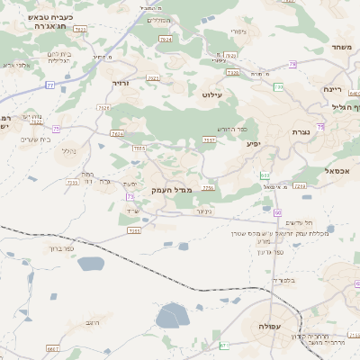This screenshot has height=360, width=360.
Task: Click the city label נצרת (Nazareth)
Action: [301, 131]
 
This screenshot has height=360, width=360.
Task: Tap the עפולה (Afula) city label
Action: [270, 326]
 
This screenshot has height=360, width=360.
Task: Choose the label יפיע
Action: [253, 144]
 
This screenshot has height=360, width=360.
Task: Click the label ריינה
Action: [332, 90]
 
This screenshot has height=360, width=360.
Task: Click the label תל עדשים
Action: [298, 222]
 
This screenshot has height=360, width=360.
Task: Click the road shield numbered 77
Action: [50, 85]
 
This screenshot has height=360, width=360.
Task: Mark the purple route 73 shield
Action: [130, 196]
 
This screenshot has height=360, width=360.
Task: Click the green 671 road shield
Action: [224, 346]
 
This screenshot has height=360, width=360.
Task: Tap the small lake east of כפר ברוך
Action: [91, 264]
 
